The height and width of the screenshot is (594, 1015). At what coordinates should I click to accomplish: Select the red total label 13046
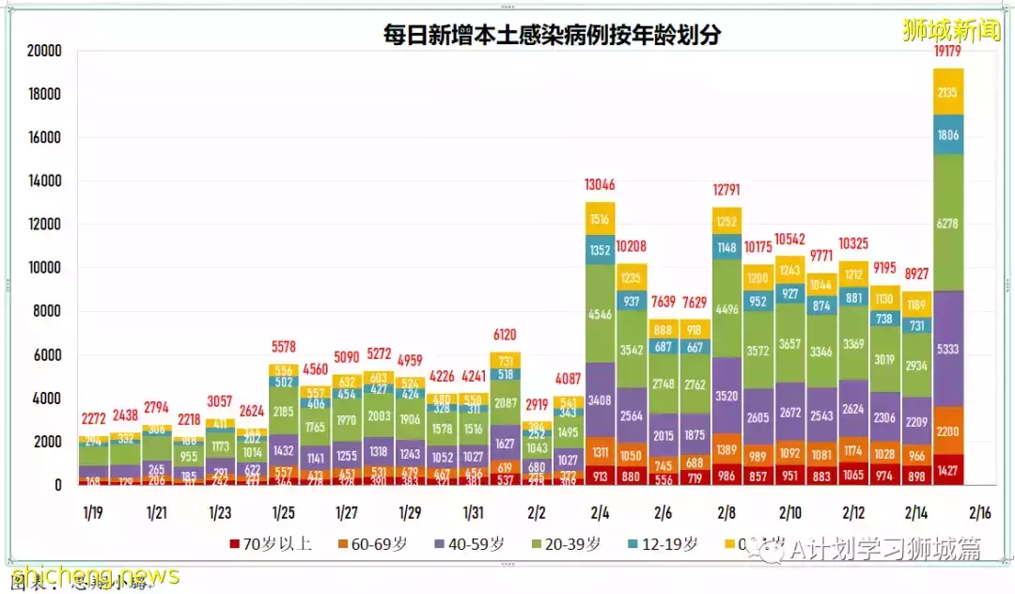point(600,185)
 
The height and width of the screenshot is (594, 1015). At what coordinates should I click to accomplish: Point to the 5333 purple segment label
point(949,349)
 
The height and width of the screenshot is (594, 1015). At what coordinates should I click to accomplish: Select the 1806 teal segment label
point(949,135)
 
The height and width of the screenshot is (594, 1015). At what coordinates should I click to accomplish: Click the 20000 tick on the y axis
point(43,51)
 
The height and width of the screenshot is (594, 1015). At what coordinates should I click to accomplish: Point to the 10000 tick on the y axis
point(43,268)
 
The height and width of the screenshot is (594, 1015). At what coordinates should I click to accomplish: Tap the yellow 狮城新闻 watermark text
point(951,30)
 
